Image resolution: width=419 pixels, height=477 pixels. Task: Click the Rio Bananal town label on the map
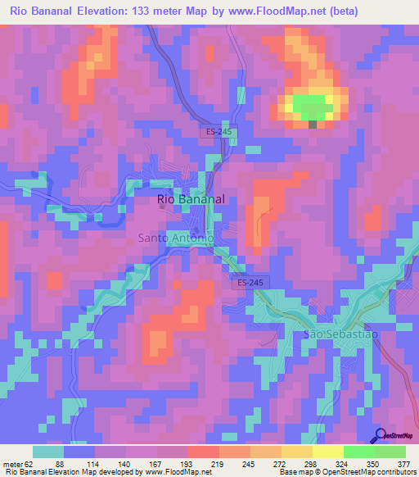point(191,199)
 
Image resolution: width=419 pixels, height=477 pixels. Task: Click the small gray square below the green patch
point(313,125)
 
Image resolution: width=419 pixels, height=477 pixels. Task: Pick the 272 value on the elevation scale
point(268,465)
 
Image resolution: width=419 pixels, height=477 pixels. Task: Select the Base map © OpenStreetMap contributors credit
point(347,473)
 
